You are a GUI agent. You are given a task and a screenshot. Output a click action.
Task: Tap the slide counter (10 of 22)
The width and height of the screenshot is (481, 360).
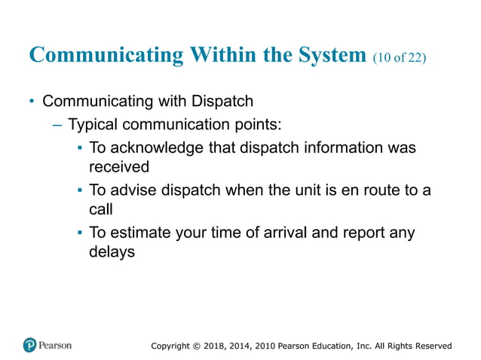tap(400, 58)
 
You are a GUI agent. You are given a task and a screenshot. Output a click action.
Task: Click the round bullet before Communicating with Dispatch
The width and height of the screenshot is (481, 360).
tap(32, 102)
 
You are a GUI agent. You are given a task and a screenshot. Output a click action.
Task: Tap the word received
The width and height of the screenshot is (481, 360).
tap(119, 166)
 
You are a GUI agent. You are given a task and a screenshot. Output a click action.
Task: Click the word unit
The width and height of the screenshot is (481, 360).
tap(310, 191)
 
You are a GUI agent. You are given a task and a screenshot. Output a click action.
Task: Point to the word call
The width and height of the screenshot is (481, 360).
tap(101, 209)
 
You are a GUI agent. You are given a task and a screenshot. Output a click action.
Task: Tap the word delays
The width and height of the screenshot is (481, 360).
tap(112, 252)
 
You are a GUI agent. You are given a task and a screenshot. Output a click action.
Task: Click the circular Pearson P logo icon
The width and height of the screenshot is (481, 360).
tap(30, 345)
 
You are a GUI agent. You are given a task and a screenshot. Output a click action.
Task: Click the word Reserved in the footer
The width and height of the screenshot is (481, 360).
tap(432, 346)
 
